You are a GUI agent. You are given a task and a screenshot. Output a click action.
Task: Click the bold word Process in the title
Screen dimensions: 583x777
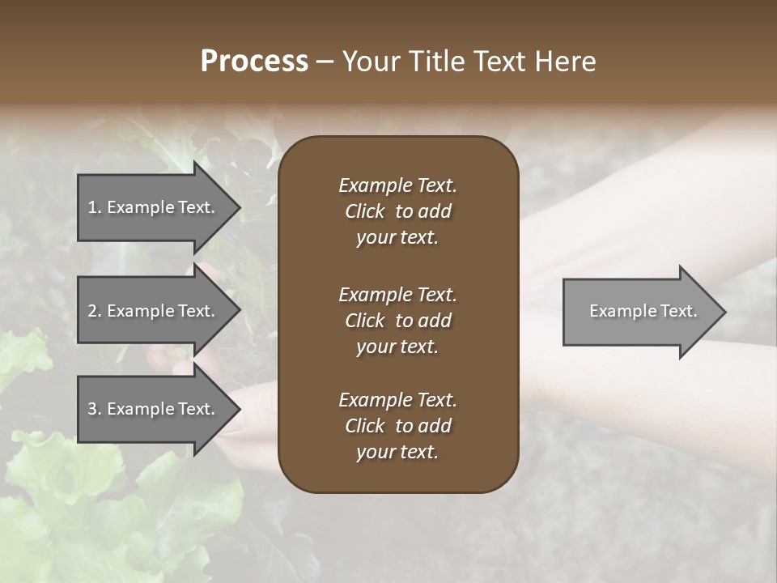click(254, 62)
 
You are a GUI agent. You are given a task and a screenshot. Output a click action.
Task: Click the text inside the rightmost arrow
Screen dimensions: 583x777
click(643, 311)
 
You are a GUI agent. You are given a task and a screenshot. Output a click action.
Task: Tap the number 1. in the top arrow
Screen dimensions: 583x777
click(95, 207)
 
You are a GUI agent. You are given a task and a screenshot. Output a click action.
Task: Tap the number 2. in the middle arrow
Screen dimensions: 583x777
click(95, 311)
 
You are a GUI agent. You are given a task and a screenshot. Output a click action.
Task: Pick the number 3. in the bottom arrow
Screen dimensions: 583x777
click(95, 409)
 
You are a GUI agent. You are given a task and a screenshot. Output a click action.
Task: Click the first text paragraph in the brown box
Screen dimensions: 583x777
click(397, 211)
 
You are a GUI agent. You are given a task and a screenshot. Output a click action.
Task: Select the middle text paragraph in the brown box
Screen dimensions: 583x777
click(397, 321)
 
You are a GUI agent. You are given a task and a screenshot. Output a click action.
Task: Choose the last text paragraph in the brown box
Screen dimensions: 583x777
click(397, 426)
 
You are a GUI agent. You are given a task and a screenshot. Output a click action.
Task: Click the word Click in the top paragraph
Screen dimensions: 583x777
click(364, 211)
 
